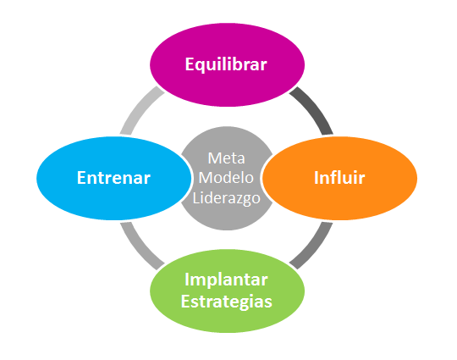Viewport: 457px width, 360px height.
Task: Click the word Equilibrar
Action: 226,64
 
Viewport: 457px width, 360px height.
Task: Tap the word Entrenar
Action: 113,178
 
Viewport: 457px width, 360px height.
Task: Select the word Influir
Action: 339,178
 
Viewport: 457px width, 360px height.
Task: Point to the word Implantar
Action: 226,280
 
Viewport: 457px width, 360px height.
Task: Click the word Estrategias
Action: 227,302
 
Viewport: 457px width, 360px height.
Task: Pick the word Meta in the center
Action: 227,158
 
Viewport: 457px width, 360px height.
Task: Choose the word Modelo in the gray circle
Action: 226,178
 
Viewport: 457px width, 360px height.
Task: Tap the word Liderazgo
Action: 227,199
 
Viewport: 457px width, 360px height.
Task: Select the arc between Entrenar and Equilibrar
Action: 140,108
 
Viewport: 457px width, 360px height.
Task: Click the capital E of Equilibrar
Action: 190,64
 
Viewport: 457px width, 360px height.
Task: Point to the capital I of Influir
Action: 317,178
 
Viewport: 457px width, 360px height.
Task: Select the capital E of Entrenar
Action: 81,178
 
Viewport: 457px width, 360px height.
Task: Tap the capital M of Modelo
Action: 206,178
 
